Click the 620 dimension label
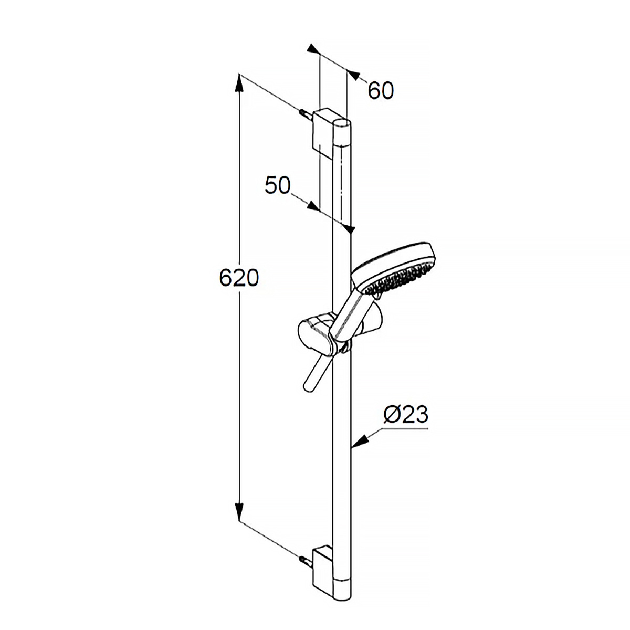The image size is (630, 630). pyautogui.click(x=239, y=278)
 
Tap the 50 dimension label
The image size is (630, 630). pyautogui.click(x=278, y=185)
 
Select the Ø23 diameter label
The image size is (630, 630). pyautogui.click(x=406, y=415)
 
